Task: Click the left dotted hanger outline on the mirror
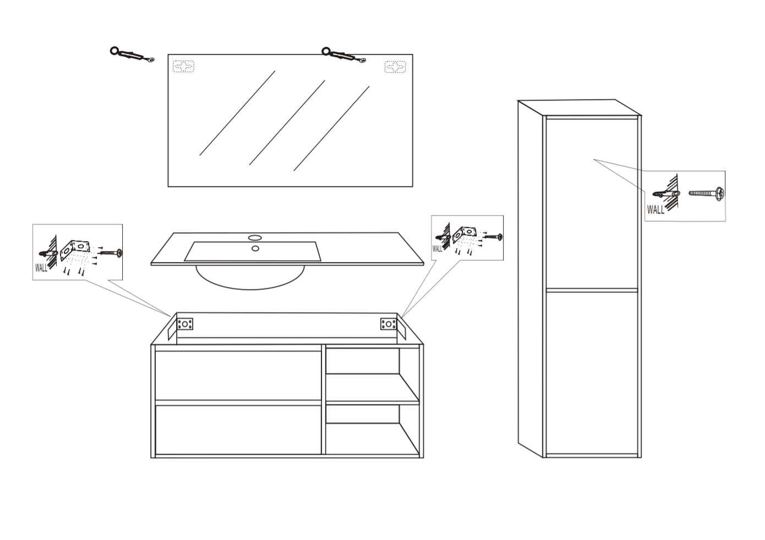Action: point(183,67)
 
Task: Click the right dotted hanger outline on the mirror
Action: point(395,67)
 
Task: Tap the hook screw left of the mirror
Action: point(132,54)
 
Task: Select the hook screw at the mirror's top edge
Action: point(344,56)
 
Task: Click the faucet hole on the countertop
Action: point(255,237)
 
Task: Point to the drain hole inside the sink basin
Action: point(255,248)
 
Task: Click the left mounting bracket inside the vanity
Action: point(185,324)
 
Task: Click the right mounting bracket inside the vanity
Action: point(389,324)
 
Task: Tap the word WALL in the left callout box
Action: point(41,268)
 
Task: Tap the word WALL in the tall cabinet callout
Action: point(655,210)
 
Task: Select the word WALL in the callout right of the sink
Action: point(437,249)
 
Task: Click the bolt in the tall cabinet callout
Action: point(705,193)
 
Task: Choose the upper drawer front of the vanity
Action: point(238,375)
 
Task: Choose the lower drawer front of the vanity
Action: point(238,430)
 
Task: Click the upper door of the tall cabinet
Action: point(592,204)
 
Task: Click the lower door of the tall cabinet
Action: point(592,373)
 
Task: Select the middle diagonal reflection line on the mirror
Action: point(287,123)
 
